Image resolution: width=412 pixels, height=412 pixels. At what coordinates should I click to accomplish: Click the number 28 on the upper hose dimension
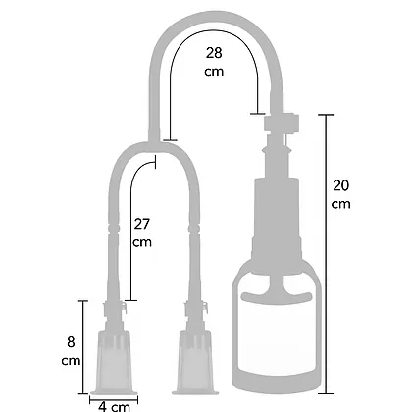[x=214, y=53]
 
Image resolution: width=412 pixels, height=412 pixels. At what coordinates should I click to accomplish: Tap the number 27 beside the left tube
[x=142, y=224]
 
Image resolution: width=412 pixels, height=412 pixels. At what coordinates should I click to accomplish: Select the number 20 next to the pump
[x=341, y=185]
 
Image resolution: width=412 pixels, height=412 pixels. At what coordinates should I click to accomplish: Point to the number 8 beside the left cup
[x=71, y=342]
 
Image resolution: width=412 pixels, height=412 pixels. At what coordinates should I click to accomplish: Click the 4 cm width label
[x=114, y=407]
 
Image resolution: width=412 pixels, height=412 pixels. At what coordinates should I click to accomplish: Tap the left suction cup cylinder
[x=114, y=362]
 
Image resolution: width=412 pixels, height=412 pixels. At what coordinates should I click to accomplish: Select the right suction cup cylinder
[x=195, y=362]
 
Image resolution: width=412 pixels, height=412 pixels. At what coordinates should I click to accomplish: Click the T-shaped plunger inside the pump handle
[x=277, y=288]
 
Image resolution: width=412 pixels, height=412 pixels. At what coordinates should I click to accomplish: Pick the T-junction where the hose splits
[x=154, y=144]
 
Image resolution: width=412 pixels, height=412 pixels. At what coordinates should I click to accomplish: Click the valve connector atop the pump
[x=282, y=123]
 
